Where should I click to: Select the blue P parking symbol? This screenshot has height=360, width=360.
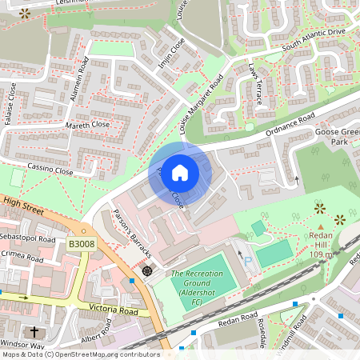tap(247, 261)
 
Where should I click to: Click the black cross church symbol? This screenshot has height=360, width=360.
tap(34, 331)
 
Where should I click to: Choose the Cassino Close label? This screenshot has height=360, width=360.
tap(50, 170)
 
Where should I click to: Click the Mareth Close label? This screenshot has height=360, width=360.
tap(89, 125)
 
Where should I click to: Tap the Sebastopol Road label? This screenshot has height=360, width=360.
tap(28, 238)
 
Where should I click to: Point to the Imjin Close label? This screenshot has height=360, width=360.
tap(171, 54)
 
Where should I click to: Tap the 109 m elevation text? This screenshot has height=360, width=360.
tap(321, 254)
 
